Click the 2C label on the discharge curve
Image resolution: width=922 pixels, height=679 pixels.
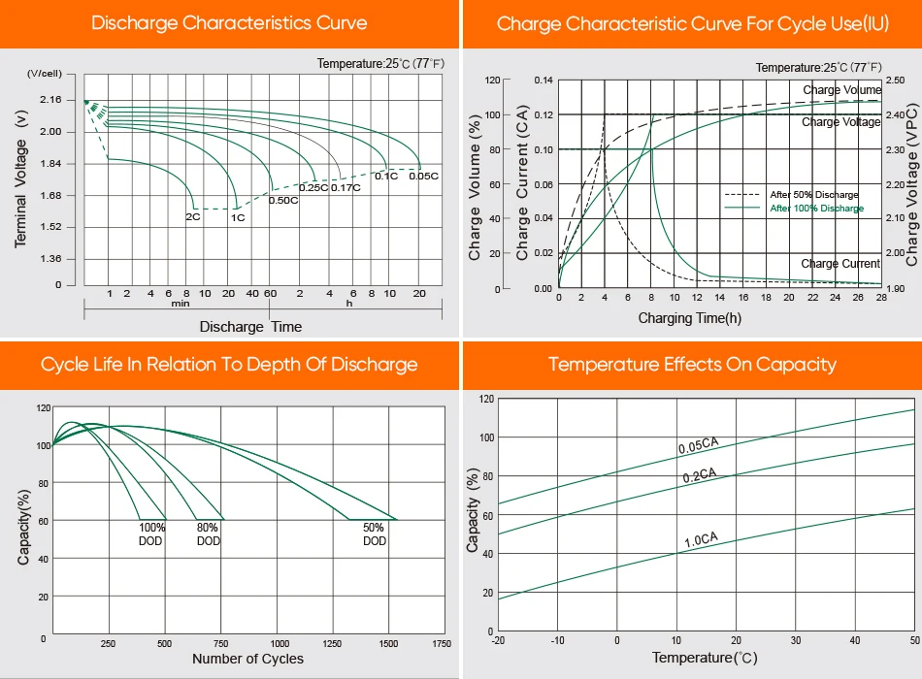click(193, 217)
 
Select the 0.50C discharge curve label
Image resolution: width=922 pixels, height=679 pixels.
click(282, 200)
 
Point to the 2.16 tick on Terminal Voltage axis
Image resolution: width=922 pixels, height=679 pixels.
click(49, 100)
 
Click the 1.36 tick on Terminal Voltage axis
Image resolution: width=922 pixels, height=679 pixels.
click(49, 259)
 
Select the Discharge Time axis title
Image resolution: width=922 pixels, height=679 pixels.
click(250, 327)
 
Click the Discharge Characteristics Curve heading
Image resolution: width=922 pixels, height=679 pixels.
click(229, 23)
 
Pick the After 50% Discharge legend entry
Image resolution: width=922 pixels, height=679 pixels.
click(813, 195)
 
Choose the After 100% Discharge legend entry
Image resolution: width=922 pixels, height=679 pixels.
click(815, 209)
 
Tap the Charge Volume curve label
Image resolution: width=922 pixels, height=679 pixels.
click(841, 90)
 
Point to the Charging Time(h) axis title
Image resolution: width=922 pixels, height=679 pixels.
click(690, 318)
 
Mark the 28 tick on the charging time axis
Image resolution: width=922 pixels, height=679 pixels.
click(880, 298)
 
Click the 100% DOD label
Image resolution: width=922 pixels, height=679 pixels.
click(151, 534)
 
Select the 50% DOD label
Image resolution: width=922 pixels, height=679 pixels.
click(375, 534)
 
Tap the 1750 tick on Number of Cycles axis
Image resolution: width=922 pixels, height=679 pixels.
click(441, 643)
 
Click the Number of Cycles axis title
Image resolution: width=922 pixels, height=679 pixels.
click(247, 660)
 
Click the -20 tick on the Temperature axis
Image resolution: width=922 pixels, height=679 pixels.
click(498, 640)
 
